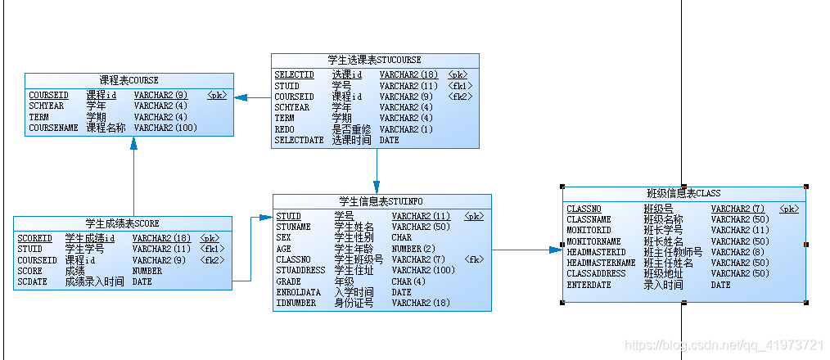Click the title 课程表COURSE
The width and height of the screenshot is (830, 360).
point(129,80)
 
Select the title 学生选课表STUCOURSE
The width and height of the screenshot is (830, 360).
point(374,60)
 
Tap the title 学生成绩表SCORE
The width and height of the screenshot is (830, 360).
point(122,223)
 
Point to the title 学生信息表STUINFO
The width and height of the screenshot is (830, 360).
point(382,201)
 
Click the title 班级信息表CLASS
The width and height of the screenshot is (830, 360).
point(683,194)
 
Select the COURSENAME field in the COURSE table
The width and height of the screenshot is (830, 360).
point(53,128)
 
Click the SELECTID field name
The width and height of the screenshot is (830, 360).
point(294,75)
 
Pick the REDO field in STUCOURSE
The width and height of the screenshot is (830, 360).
point(284,129)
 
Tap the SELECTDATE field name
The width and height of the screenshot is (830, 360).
point(299,141)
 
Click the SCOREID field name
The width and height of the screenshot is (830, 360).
point(34,239)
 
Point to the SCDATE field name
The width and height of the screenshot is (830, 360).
point(32,282)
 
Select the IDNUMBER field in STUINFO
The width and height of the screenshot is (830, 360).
point(297,304)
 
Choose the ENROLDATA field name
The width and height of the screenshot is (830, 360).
point(298,292)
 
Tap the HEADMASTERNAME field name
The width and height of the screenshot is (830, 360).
point(601,263)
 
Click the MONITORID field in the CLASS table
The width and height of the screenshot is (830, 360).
point(589,231)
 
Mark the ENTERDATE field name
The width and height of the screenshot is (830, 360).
point(589,286)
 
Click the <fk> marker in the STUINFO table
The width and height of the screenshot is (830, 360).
point(474,260)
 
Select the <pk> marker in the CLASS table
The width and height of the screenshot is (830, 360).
point(789,209)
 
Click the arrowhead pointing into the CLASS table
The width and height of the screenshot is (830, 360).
point(557,250)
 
